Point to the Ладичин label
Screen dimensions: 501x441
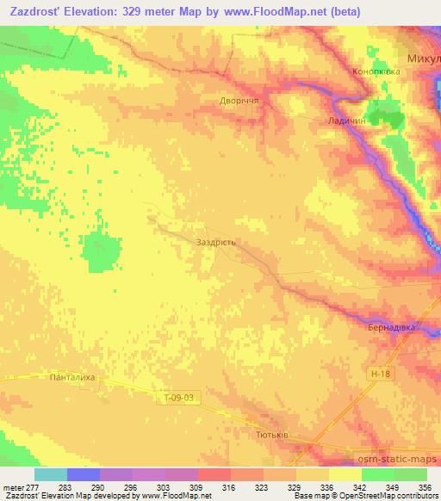point(347,122)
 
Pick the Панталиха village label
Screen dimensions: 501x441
point(71,376)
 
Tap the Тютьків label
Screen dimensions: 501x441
point(272,435)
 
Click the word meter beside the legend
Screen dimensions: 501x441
point(12,487)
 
